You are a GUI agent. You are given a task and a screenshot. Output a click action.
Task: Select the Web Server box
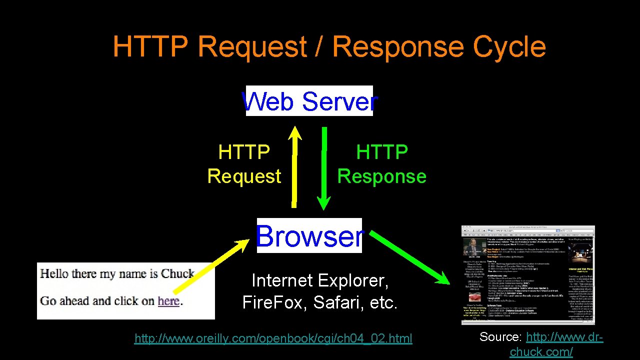point(309,101)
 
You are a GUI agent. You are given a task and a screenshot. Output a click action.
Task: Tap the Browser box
point(309,235)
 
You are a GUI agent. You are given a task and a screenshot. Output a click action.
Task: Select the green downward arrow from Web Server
point(324,168)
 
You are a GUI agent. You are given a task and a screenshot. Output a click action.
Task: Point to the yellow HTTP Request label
point(244,164)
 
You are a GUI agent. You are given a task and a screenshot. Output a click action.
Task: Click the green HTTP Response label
point(382,164)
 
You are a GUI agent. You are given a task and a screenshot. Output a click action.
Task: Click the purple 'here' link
point(168,301)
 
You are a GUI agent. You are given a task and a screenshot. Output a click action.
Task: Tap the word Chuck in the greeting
point(177,273)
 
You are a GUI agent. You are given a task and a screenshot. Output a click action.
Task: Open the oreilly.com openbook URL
point(273,339)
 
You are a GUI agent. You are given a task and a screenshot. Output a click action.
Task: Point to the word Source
point(501,337)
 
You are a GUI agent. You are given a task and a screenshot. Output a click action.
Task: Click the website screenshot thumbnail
point(528,275)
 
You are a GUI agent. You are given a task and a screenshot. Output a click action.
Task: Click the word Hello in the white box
point(54,273)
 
